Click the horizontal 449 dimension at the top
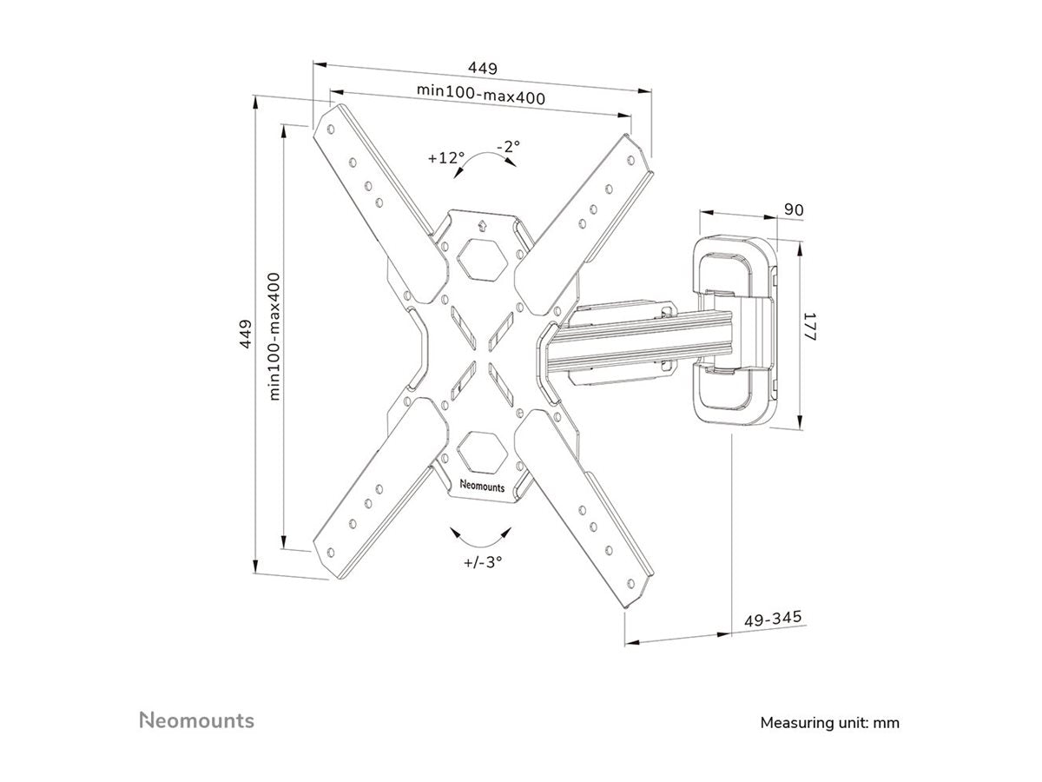pyautogui.click(x=483, y=68)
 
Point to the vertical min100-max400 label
pyautogui.click(x=274, y=335)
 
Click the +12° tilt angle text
pyautogui.click(x=446, y=158)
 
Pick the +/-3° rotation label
pyautogui.click(x=484, y=561)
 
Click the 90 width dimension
pyautogui.click(x=792, y=209)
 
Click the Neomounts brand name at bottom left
pyautogui.click(x=197, y=720)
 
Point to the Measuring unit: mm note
pyautogui.click(x=829, y=722)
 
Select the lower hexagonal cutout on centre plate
pyautogui.click(x=479, y=452)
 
